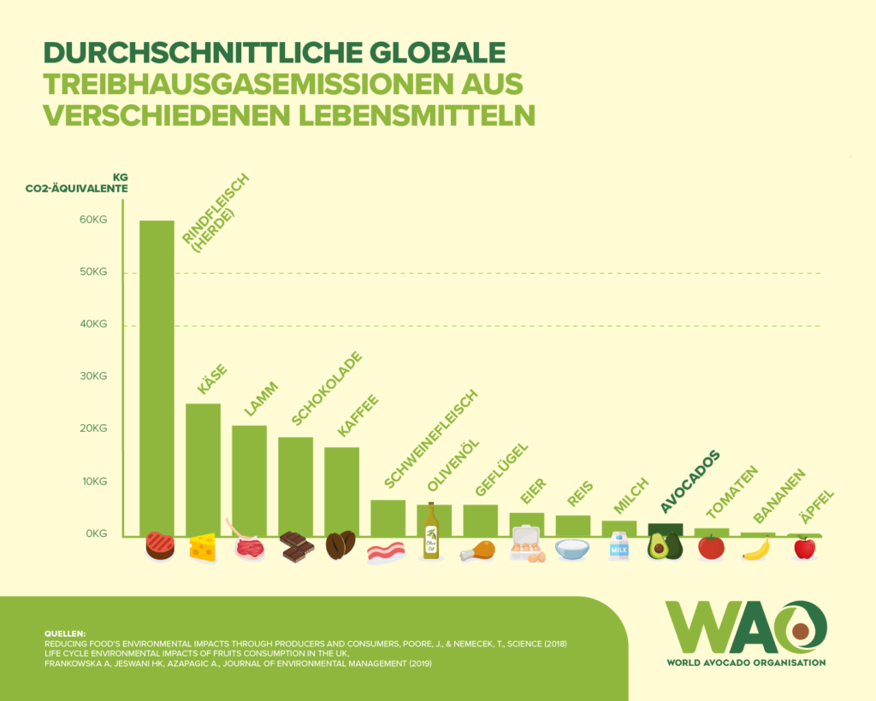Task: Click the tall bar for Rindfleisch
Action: point(157,376)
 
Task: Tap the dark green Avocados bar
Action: point(665,529)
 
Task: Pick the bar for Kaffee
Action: point(341,491)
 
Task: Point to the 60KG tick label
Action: point(93,221)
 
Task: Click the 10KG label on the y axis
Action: point(93,481)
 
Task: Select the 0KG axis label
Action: point(96,533)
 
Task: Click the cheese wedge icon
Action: point(203,547)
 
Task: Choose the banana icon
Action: point(756,550)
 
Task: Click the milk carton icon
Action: point(619,546)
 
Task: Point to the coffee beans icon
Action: point(340,545)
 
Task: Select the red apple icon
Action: point(804,547)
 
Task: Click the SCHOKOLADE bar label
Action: point(326,388)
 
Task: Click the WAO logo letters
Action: point(745,627)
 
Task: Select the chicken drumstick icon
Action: point(478,551)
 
